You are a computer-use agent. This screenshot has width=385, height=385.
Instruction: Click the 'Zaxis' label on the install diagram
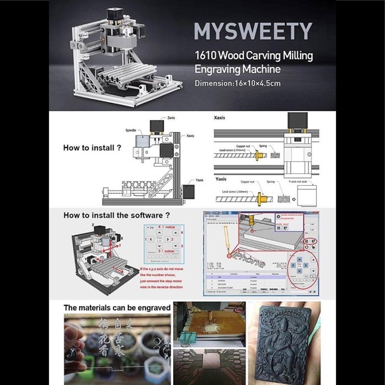(x=171, y=117)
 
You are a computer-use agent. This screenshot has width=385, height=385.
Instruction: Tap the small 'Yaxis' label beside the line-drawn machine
(x=199, y=180)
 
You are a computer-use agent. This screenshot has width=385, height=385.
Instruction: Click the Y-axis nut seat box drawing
(x=306, y=195)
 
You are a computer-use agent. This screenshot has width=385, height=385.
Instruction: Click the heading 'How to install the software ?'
(x=117, y=216)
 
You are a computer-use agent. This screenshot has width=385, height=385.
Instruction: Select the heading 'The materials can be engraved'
(x=117, y=308)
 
